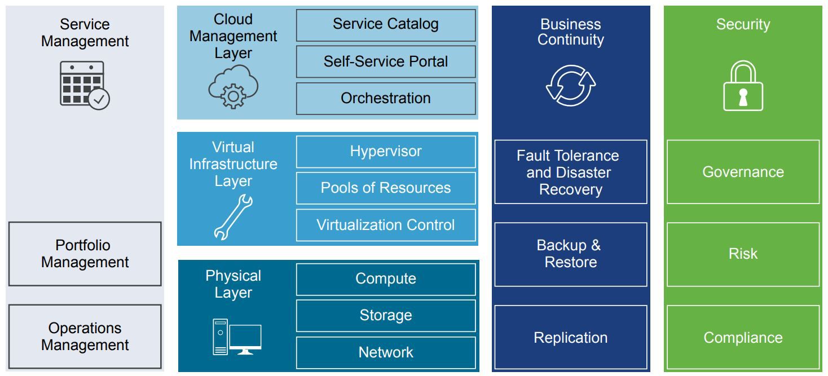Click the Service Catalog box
coord(386,25)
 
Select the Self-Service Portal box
coord(386,61)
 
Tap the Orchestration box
coord(386,99)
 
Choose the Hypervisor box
coord(386,152)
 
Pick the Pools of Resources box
coord(386,188)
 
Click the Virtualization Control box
coord(386,225)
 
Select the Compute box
coord(386,279)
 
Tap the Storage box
coord(386,316)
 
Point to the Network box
coord(386,353)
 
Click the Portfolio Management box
coord(85,254)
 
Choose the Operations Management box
coord(85,337)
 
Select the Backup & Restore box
coord(571,254)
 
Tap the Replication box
coord(571,337)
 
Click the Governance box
coord(743,172)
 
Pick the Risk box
coord(743,254)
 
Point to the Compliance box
coord(743,337)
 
